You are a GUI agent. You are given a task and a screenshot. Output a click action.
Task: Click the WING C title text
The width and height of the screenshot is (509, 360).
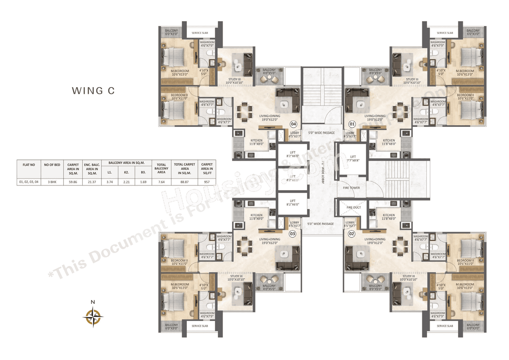tap(93, 91)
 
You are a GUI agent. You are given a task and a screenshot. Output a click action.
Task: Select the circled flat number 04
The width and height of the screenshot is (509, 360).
tap(294, 124)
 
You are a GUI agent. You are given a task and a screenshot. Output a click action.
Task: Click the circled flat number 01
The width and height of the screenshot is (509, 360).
tap(352, 124)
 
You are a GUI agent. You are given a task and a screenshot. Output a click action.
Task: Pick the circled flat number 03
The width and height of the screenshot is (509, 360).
tap(293, 234)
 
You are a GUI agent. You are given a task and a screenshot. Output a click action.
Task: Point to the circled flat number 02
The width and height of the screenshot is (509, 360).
tap(351, 234)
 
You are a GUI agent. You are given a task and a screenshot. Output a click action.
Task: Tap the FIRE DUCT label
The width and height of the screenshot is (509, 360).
tap(353, 207)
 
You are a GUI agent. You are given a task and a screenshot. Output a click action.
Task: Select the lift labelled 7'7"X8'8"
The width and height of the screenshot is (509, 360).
tap(353, 159)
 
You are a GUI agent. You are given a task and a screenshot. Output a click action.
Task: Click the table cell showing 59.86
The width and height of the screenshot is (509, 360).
tap(73, 182)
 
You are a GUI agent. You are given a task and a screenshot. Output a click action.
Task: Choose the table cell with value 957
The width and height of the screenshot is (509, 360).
tap(207, 182)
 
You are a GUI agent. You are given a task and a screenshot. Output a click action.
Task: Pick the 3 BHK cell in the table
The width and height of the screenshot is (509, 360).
tap(51, 182)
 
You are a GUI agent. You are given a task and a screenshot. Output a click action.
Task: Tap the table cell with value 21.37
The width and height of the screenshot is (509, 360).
tap(92, 182)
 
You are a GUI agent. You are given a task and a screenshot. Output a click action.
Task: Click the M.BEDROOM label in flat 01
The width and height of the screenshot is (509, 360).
tap(465, 72)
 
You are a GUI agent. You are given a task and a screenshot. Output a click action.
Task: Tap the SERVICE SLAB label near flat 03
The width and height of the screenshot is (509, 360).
tap(200, 326)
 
